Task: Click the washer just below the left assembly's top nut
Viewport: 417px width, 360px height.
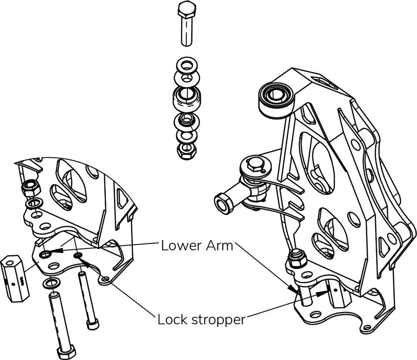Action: tap(33, 204)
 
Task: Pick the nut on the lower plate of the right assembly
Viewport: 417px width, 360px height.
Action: tap(296, 258)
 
